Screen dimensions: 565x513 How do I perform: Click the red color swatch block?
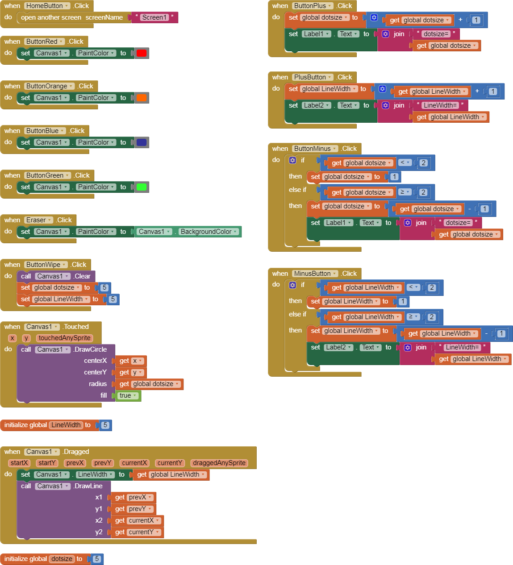(142, 53)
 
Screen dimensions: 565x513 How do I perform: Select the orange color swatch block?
(142, 98)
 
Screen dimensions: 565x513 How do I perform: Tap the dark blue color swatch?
(142, 142)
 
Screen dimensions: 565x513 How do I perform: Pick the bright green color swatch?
(142, 187)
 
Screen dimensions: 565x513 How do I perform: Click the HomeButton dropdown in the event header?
(47, 6)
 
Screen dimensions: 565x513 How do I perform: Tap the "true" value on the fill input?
(128, 395)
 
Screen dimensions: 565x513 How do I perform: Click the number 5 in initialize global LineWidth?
(105, 425)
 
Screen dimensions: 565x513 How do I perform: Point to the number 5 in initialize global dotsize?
(97, 559)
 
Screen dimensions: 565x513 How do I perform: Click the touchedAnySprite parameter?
(64, 338)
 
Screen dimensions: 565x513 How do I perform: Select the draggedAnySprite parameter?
(219, 463)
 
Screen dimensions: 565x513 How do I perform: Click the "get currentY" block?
(137, 532)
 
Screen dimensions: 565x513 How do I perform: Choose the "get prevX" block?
(133, 497)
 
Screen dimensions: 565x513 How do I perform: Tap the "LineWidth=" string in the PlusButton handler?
(440, 105)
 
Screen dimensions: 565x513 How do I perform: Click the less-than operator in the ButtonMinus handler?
(405, 162)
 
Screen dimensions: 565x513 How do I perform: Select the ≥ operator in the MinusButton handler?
(413, 316)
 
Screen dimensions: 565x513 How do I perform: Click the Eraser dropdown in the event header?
(39, 220)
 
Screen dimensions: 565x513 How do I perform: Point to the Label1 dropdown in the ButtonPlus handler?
(317, 34)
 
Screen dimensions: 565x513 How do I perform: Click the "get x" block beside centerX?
(131, 361)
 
